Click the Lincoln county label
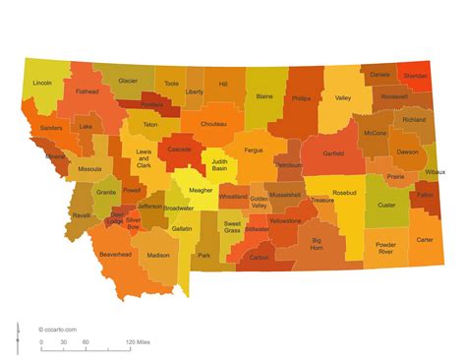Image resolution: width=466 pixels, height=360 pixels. pyautogui.click(x=42, y=84)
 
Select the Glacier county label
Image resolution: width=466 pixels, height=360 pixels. pyautogui.click(x=128, y=82)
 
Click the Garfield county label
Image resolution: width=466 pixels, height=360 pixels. pyautogui.click(x=333, y=153)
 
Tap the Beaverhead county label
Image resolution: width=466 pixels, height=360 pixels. pyautogui.click(x=115, y=255)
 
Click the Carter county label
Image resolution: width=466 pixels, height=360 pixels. pyautogui.click(x=424, y=239)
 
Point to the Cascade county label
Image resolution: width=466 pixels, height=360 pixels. pyautogui.click(x=179, y=150)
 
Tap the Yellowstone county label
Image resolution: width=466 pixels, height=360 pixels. pyautogui.click(x=285, y=221)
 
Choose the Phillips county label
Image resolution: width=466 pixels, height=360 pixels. pyautogui.click(x=301, y=98)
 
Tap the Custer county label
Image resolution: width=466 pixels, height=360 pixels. pyautogui.click(x=386, y=206)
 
